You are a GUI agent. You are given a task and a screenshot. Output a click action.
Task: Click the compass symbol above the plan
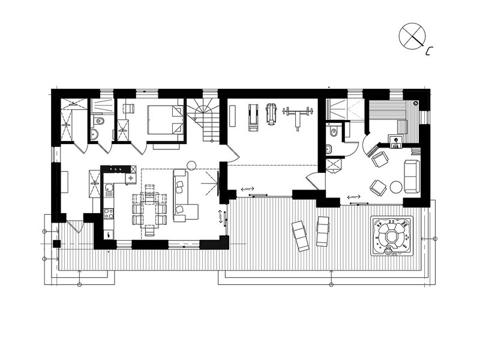click(412, 35)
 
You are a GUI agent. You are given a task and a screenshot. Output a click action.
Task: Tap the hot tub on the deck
click(392, 236)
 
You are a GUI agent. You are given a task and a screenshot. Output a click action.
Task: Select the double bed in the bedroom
click(166, 119)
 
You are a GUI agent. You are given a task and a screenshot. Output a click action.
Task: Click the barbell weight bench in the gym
click(298, 118)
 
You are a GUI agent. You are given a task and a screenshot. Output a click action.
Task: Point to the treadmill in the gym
click(253, 118)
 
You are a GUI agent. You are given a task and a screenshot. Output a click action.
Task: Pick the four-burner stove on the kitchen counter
click(109, 214)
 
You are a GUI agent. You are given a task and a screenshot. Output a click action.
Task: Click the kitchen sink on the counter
click(109, 190)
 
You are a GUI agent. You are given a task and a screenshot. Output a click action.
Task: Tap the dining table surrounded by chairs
click(149, 211)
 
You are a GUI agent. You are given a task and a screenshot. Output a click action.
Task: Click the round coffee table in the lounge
click(396, 187)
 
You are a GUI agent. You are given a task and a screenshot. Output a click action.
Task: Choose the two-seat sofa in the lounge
click(412, 176)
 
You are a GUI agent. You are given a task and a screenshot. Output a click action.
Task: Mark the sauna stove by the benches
click(397, 142)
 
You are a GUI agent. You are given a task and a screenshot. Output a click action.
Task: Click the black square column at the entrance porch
click(57, 244)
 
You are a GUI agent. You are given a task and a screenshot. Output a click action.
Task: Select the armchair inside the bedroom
click(128, 109)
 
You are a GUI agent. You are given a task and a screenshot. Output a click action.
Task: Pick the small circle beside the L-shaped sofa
click(192, 166)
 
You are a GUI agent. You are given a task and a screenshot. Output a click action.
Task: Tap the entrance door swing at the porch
click(76, 227)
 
